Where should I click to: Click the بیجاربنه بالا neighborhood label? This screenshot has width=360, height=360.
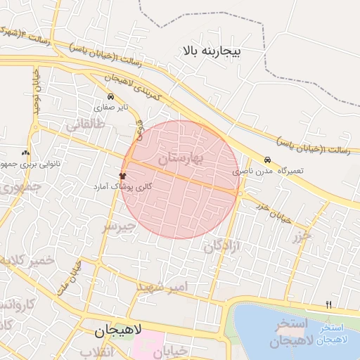(211, 51)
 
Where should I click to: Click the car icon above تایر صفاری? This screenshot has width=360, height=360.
(110, 97)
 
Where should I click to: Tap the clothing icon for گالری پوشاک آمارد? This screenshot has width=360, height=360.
(122, 176)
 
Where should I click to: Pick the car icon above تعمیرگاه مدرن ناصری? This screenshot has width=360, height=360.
(267, 160)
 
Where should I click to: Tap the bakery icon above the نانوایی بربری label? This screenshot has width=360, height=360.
(25, 152)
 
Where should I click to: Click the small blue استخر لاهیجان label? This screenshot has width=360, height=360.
(332, 334)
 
